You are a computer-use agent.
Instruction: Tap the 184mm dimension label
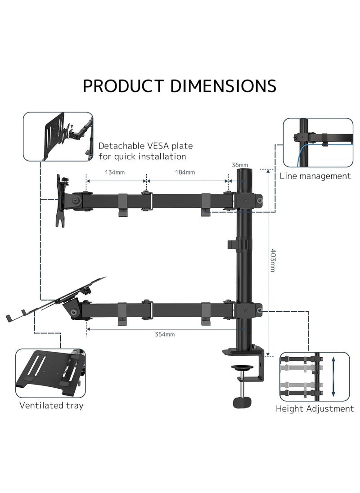184,172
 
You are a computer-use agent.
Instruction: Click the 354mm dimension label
165,334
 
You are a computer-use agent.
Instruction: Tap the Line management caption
315,176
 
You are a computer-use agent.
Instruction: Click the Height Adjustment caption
315,409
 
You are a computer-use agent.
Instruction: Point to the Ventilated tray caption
51,405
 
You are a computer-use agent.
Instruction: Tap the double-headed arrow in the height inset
333,377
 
